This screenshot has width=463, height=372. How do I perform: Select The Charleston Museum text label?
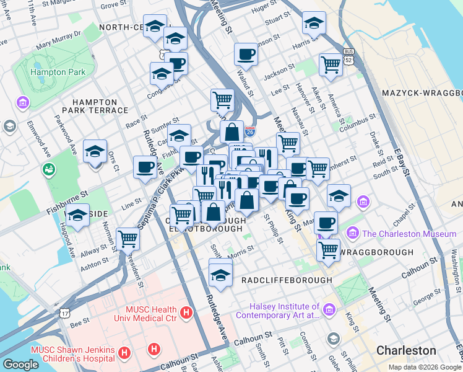click(409, 234)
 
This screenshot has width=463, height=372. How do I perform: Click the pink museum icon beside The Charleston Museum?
click(353, 234)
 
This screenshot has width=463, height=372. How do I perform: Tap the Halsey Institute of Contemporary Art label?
click(285, 311)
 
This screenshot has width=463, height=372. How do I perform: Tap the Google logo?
click(21, 364)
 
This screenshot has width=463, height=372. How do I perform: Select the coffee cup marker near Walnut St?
click(246, 54)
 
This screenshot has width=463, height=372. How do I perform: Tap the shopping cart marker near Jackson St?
click(331, 64)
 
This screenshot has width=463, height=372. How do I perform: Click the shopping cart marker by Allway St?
click(128, 239)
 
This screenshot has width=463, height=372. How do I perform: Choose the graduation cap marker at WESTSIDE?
click(77, 216)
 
